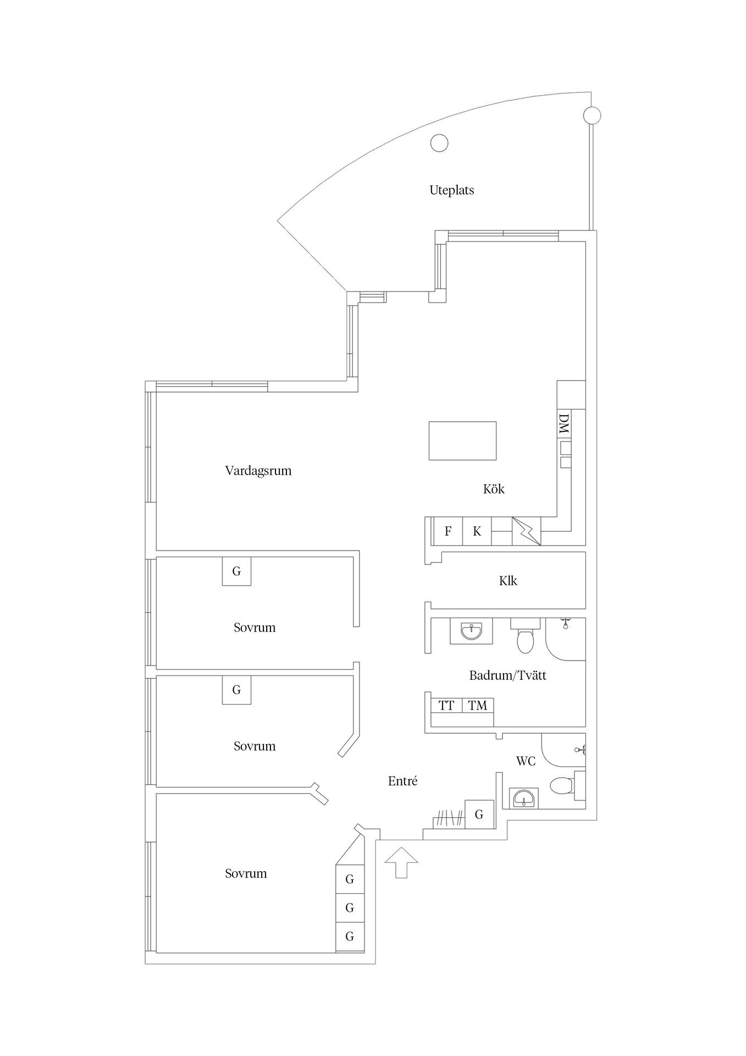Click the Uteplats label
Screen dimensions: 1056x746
pyautogui.click(x=451, y=190)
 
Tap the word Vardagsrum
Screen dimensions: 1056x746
pyautogui.click(x=258, y=471)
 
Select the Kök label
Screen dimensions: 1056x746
pyautogui.click(x=494, y=488)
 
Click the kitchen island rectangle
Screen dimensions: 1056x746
pyautogui.click(x=462, y=441)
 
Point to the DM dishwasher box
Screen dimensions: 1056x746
pyautogui.click(x=564, y=424)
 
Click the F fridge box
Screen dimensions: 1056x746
pyautogui.click(x=448, y=531)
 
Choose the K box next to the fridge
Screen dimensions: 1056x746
pyautogui.click(x=477, y=531)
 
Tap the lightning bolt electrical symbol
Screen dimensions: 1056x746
pyautogui.click(x=526, y=531)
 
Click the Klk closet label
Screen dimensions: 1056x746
pyautogui.click(x=508, y=581)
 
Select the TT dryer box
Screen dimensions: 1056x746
pyautogui.click(x=446, y=705)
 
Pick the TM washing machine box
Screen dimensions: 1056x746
pyautogui.click(x=478, y=705)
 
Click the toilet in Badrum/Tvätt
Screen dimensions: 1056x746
pyautogui.click(x=526, y=638)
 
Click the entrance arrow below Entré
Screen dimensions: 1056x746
pyautogui.click(x=401, y=862)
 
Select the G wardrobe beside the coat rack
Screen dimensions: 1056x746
pyautogui.click(x=479, y=814)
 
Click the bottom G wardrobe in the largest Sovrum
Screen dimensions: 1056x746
pyautogui.click(x=350, y=936)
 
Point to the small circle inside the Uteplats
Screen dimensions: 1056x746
pyautogui.click(x=439, y=143)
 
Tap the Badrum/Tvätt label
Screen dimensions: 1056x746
pyautogui.click(x=507, y=675)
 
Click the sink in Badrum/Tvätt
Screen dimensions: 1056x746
pyautogui.click(x=471, y=631)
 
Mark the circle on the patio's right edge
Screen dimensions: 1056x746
pyautogui.click(x=592, y=116)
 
